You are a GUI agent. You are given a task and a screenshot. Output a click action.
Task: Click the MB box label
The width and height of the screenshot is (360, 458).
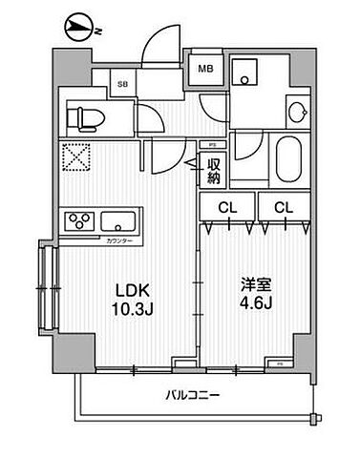[205, 69]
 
